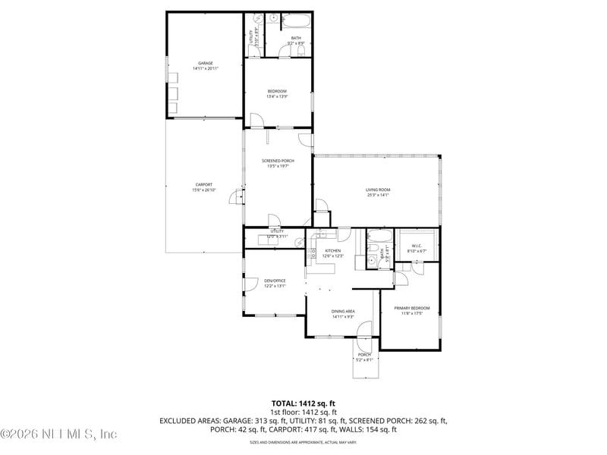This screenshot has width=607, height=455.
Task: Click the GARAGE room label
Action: (x=205, y=63)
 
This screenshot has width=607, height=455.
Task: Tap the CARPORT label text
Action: (x=203, y=184)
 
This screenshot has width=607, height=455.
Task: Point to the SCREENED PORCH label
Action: (x=278, y=161)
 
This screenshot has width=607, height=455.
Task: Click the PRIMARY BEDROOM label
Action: (x=411, y=308)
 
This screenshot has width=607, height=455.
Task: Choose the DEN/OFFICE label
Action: (x=275, y=281)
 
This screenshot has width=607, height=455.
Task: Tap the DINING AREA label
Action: (x=344, y=311)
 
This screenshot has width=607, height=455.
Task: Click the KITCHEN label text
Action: (x=333, y=250)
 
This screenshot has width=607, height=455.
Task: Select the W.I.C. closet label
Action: (x=417, y=246)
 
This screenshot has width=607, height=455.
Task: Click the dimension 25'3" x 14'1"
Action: (x=377, y=196)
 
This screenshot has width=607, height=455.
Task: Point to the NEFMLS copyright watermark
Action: (x=59, y=435)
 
